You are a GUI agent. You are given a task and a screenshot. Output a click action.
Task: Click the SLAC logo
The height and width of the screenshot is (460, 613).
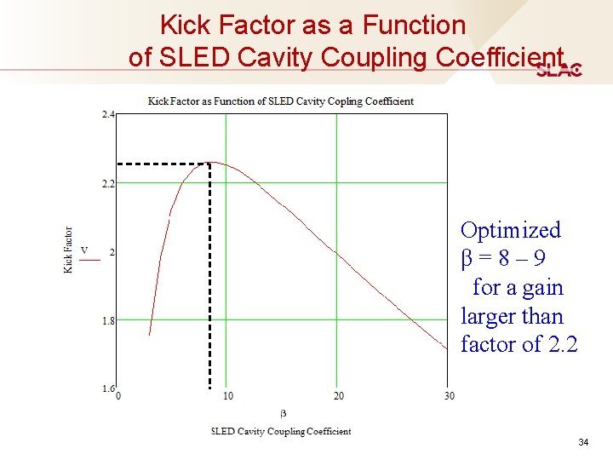pyautogui.click(x=559, y=71)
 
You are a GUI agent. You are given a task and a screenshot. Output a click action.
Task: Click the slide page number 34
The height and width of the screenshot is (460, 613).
pyautogui.click(x=583, y=442)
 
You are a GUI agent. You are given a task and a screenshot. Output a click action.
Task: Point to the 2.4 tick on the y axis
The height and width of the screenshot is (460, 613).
pyautogui.click(x=108, y=114)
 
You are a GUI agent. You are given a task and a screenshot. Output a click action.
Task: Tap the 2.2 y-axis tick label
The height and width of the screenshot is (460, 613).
pyautogui.click(x=108, y=183)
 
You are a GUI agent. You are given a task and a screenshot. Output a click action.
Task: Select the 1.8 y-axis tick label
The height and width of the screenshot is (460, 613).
pyautogui.click(x=108, y=321)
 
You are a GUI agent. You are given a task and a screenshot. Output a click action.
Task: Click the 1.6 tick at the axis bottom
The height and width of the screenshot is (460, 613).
pyautogui.click(x=108, y=388)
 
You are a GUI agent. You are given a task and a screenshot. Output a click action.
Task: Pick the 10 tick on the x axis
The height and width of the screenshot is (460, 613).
pyautogui.click(x=227, y=395)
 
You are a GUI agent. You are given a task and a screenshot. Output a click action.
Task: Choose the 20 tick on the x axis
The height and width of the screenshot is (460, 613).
pyautogui.click(x=338, y=395)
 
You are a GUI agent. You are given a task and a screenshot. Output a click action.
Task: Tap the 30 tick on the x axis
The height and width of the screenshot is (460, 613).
pyautogui.click(x=449, y=395)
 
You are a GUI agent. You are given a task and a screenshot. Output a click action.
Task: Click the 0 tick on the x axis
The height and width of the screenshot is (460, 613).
pyautogui.click(x=117, y=395)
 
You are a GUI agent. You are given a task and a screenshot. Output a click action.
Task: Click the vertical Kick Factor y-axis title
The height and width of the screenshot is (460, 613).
pyautogui.click(x=68, y=250)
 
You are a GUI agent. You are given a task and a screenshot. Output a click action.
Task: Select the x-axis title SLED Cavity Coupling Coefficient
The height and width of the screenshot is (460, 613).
pyautogui.click(x=281, y=431)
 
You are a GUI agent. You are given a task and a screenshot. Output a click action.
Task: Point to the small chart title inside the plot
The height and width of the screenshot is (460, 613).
pyautogui.click(x=281, y=101)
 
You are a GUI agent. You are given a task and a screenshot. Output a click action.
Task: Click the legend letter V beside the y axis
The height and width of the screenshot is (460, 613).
pyautogui.click(x=84, y=250)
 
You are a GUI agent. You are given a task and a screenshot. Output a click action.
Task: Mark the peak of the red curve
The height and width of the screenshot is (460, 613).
pyautogui.click(x=216, y=162)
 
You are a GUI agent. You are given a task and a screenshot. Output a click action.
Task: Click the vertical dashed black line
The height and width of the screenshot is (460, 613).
pyautogui.click(x=210, y=281)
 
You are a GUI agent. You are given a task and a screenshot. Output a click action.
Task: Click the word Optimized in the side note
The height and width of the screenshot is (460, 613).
pyautogui.click(x=510, y=230)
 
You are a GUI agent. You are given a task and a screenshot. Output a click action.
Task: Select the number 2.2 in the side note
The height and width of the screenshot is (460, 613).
pyautogui.click(x=562, y=345)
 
